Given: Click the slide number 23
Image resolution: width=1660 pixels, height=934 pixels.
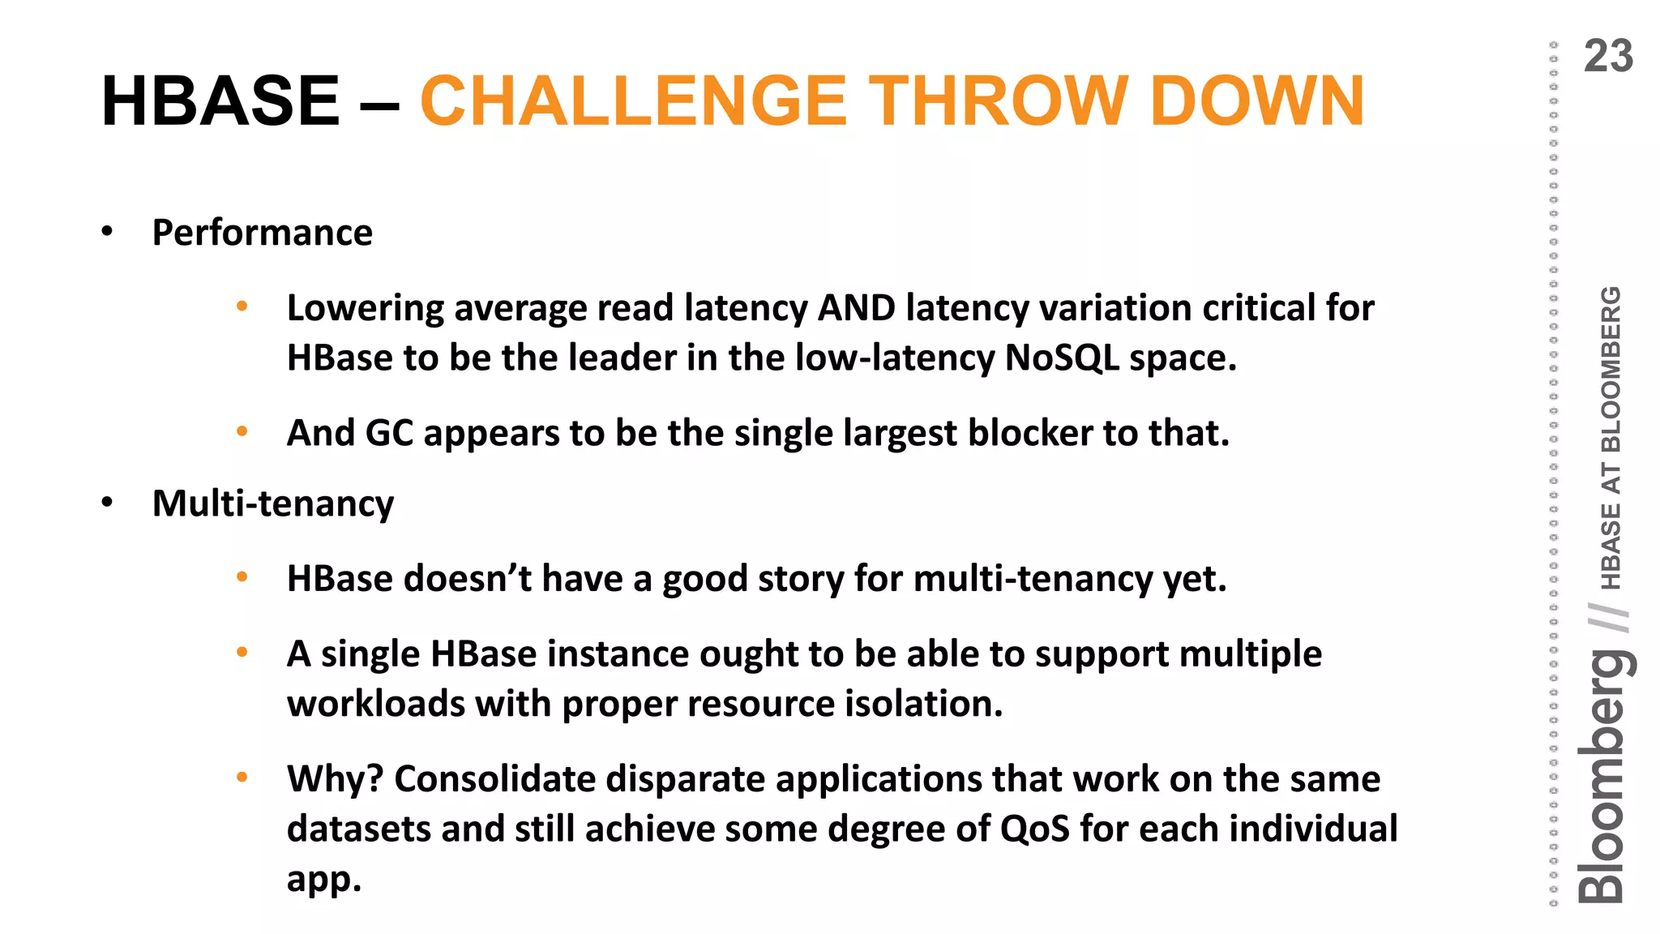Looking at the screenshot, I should point(1608,57).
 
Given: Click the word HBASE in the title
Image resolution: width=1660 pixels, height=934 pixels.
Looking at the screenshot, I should point(220,101).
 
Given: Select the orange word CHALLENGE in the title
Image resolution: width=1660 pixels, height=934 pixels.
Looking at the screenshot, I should point(633,101).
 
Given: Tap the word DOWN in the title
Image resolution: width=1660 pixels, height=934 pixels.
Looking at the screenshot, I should point(1257,101).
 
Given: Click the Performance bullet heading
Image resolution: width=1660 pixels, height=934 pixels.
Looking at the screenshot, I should point(262,233).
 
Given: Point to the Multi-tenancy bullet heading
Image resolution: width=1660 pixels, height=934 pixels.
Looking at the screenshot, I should point(272,504).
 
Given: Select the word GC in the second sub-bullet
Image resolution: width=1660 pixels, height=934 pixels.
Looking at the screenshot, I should point(389,434).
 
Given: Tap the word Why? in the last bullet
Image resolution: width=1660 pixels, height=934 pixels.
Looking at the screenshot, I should point(334,779).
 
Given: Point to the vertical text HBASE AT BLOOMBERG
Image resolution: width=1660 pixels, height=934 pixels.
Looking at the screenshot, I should point(1611,438).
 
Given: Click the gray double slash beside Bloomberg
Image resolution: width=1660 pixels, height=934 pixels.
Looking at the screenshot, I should point(1608,618).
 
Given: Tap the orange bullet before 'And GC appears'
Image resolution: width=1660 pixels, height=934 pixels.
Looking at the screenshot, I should point(242,431).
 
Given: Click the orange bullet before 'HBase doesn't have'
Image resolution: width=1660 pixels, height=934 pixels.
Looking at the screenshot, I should point(242,577).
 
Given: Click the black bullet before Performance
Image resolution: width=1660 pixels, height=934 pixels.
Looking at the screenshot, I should point(107,233).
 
